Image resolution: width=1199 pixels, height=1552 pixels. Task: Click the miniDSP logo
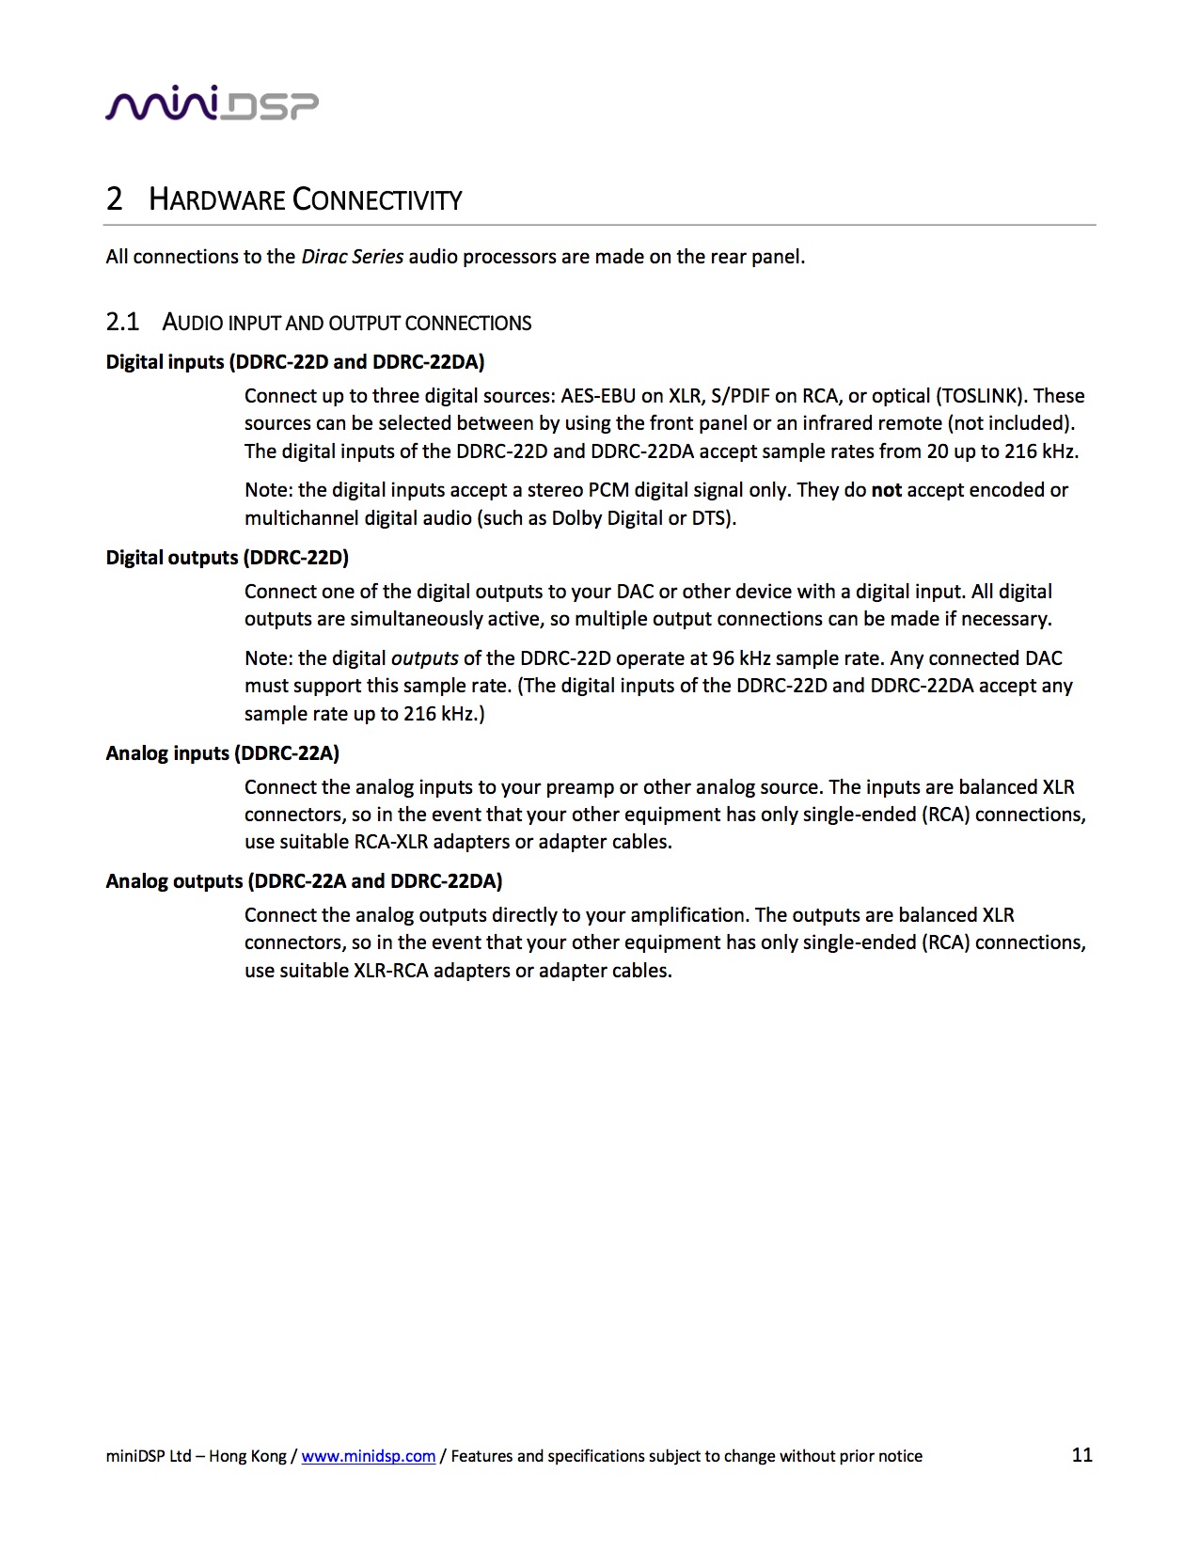pyautogui.click(x=212, y=103)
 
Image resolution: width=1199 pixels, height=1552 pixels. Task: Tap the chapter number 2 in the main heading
pyautogui.click(x=115, y=199)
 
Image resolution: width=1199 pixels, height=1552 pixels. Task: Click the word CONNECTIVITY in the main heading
pyautogui.click(x=377, y=200)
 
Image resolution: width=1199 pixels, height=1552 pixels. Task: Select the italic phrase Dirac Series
pyautogui.click(x=352, y=257)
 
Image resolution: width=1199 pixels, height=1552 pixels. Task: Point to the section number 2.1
pyautogui.click(x=122, y=323)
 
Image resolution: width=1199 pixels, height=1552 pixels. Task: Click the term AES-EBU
pyautogui.click(x=598, y=396)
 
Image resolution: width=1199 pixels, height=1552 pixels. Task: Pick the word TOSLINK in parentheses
pyautogui.click(x=979, y=396)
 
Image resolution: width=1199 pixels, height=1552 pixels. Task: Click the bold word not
pyautogui.click(x=886, y=490)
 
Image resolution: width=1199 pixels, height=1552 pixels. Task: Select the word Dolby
pyautogui.click(x=578, y=518)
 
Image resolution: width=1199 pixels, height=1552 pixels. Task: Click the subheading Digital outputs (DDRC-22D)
pyautogui.click(x=227, y=558)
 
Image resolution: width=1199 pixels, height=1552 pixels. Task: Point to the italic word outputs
pyautogui.click(x=424, y=658)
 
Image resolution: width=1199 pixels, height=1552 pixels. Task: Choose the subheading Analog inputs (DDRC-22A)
pyautogui.click(x=222, y=753)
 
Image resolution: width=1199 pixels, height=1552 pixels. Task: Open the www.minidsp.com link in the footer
pyautogui.click(x=368, y=1456)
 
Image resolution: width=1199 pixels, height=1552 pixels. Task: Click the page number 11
pyautogui.click(x=1081, y=1455)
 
